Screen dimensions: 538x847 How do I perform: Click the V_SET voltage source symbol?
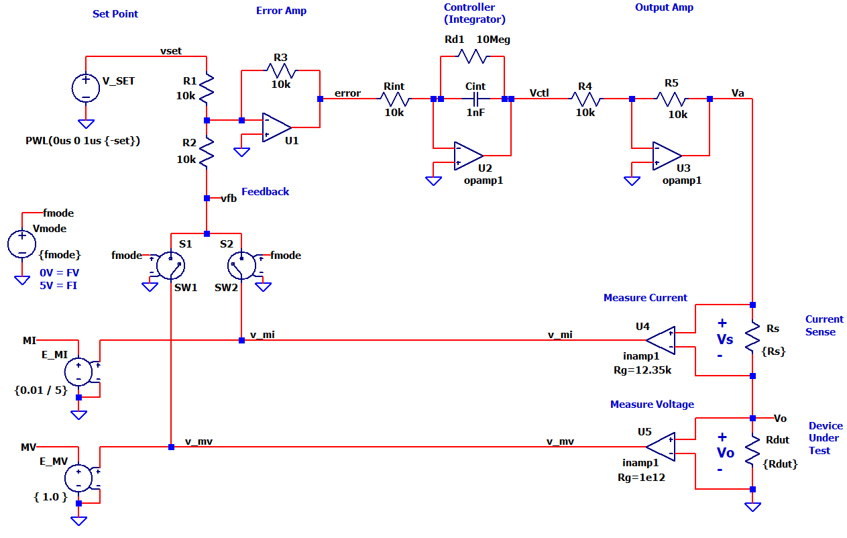(x=86, y=89)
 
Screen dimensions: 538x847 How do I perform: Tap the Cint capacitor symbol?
(x=475, y=99)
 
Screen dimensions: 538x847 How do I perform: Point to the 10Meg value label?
(x=493, y=40)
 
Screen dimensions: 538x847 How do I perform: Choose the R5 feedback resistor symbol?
(x=671, y=99)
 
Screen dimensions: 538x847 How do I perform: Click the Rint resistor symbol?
(x=394, y=99)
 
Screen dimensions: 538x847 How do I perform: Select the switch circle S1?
(x=170, y=266)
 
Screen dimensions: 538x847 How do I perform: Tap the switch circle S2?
(x=241, y=266)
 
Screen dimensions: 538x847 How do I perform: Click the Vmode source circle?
(x=22, y=244)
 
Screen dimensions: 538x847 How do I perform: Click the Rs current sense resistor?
(x=752, y=339)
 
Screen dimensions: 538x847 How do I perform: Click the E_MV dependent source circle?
(x=78, y=478)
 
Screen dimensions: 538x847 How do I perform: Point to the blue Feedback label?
(x=265, y=192)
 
